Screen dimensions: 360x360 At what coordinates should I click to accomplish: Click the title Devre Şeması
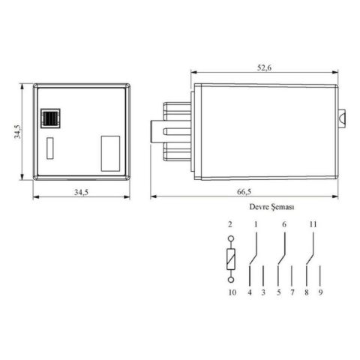(266, 205)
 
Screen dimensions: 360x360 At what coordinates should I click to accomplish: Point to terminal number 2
(231, 224)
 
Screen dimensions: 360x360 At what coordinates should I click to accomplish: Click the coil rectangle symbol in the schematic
(232, 261)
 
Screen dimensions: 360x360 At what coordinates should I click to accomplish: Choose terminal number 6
(284, 224)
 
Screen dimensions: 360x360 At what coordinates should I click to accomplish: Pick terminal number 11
(312, 224)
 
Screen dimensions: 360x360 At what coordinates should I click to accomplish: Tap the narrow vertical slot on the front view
(51, 148)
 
